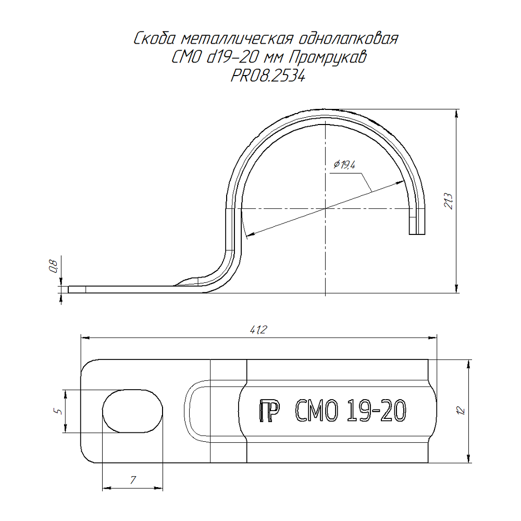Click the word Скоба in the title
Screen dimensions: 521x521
click(x=154, y=39)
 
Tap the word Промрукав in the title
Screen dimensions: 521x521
click(x=328, y=58)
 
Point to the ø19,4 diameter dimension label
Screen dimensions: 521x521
click(x=344, y=165)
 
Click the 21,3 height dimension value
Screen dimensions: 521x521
click(x=449, y=201)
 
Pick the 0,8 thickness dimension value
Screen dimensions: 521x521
click(x=54, y=266)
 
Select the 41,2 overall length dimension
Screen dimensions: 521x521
click(x=258, y=330)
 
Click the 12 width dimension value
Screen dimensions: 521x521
click(x=461, y=411)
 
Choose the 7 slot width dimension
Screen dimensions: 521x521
click(x=133, y=480)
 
